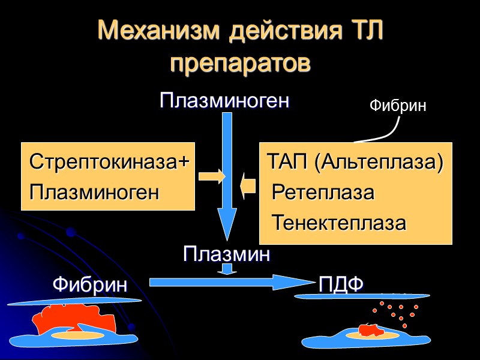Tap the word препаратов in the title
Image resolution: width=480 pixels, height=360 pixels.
(x=240, y=62)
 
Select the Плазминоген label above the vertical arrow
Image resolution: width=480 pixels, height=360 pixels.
(x=225, y=101)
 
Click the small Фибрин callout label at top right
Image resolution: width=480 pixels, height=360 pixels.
(x=397, y=106)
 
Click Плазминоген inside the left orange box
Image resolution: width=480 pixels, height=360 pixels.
(x=94, y=193)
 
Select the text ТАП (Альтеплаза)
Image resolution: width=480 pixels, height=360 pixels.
(x=355, y=162)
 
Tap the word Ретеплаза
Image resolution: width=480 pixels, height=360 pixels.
(x=323, y=193)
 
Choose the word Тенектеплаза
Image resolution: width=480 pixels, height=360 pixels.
(x=339, y=223)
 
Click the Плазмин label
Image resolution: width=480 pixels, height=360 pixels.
(x=226, y=254)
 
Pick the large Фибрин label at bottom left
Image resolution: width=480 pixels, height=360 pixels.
(x=90, y=284)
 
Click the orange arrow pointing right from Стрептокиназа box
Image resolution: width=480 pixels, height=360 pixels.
(x=211, y=176)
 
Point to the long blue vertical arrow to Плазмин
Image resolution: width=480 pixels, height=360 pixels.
(x=227, y=174)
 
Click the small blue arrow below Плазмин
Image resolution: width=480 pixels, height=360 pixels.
(x=226, y=269)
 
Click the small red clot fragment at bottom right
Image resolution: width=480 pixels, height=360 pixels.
(x=368, y=329)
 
